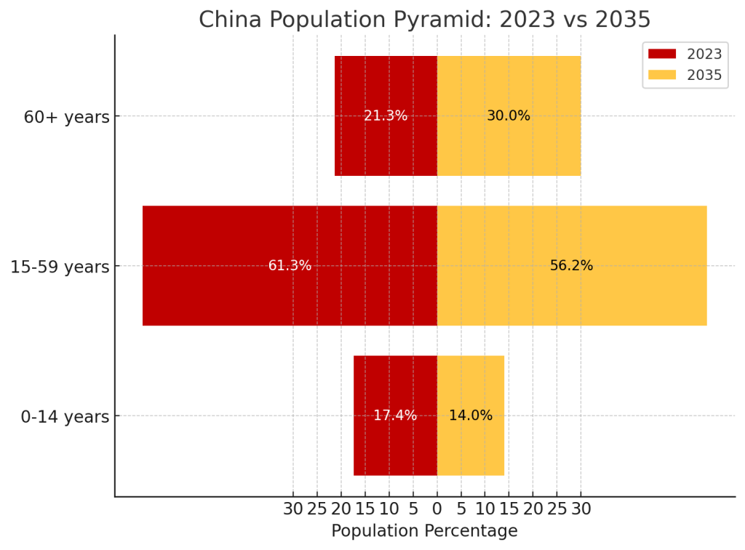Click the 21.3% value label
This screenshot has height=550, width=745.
click(x=386, y=116)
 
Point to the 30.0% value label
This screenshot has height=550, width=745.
click(x=509, y=116)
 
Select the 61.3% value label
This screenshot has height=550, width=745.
click(x=290, y=266)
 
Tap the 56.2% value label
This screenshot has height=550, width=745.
click(x=571, y=266)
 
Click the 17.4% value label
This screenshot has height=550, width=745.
click(x=395, y=416)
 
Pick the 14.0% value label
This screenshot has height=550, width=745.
click(x=471, y=416)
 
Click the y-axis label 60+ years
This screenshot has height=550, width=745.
click(x=66, y=117)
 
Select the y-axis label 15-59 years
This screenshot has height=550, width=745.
click(x=60, y=267)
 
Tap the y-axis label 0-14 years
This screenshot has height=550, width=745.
click(x=65, y=417)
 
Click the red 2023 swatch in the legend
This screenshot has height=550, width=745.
click(x=662, y=54)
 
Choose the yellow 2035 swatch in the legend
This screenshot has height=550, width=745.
click(x=662, y=75)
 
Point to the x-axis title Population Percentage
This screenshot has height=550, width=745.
click(x=424, y=531)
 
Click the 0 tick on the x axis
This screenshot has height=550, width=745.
click(x=437, y=509)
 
